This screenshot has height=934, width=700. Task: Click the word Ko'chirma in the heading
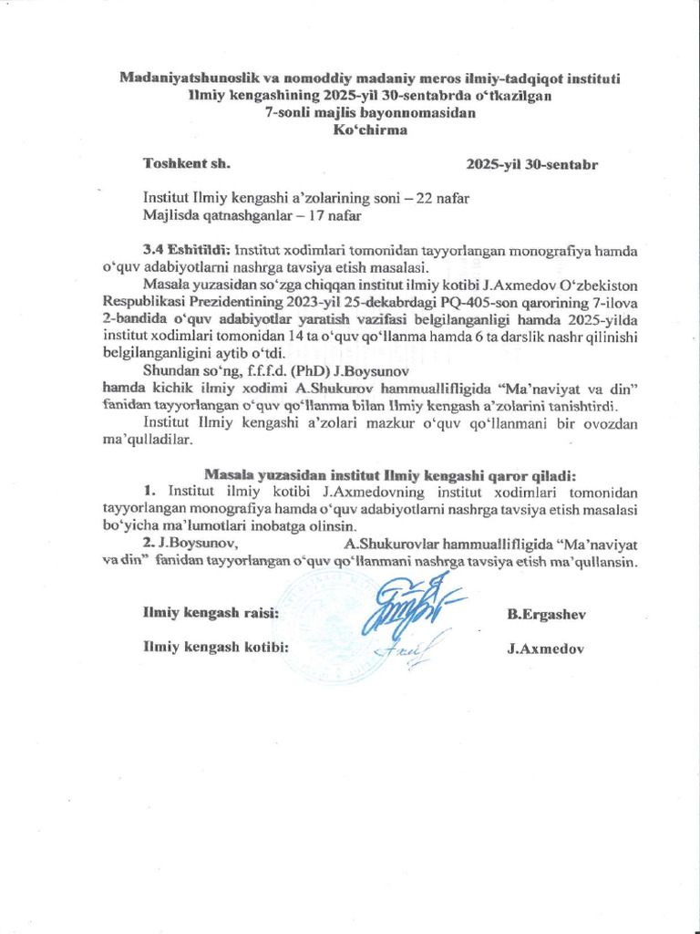coord(368,130)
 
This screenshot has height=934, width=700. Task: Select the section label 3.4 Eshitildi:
coord(186,249)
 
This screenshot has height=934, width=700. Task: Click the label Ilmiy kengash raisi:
coord(211,614)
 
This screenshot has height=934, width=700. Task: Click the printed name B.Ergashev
coord(546,614)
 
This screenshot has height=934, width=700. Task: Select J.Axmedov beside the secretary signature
coord(545,649)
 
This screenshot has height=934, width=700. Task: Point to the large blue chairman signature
coord(409,608)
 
